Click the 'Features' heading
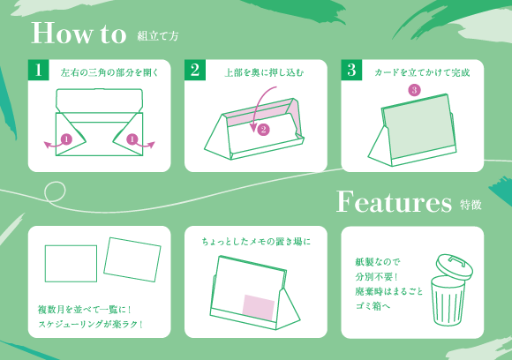click(394, 202)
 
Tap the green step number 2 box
click(195, 71)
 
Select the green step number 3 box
click(351, 71)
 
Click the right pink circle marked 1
click(132, 139)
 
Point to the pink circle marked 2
click(263, 129)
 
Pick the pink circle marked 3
click(414, 90)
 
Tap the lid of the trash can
click(454, 265)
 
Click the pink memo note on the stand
click(260, 302)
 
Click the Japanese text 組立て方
click(159, 37)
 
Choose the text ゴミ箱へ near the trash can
click(373, 308)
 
